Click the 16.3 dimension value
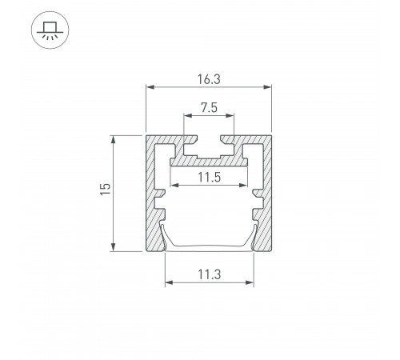[x=209, y=79]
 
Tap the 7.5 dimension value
[x=209, y=108]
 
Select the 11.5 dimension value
[x=210, y=178]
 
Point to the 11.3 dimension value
[x=210, y=274]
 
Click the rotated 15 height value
[x=106, y=189]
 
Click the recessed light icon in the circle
[x=50, y=30]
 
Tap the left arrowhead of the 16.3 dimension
[x=150, y=87]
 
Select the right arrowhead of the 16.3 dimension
[x=267, y=87]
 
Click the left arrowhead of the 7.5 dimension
[x=188, y=115]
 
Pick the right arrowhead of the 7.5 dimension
[x=230, y=115]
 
